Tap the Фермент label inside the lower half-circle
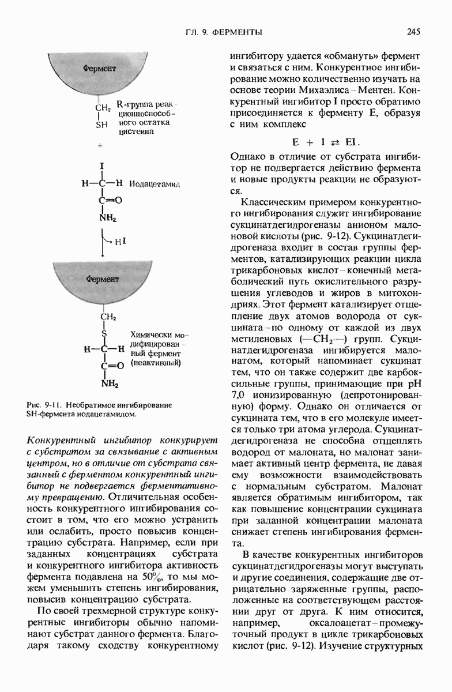[x=103, y=279]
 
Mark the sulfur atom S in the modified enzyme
[x=104, y=333]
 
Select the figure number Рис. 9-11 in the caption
[x=43, y=405]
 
